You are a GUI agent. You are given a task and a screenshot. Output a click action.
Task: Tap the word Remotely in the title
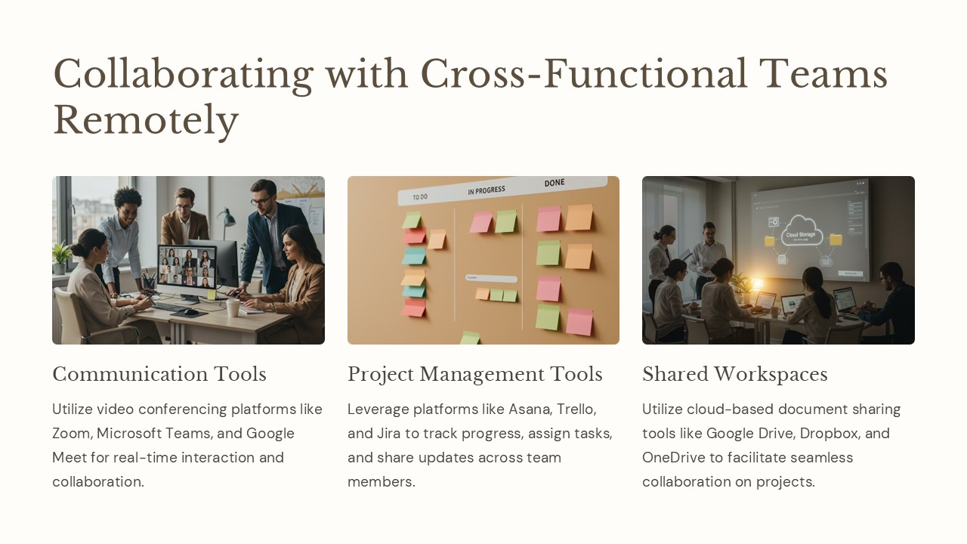(146, 119)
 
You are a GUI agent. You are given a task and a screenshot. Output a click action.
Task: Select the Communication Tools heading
(159, 374)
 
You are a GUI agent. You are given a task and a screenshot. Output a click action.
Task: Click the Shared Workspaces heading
(734, 374)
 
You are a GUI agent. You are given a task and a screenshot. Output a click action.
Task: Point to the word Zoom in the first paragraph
(71, 434)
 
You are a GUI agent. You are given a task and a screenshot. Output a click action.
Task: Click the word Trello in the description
(576, 410)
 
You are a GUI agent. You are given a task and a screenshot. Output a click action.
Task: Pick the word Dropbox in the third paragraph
(830, 434)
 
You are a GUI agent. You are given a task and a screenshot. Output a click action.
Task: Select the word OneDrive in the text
(674, 458)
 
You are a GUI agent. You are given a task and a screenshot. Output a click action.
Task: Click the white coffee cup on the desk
(233, 308)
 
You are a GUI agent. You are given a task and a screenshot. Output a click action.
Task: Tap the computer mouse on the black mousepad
(191, 311)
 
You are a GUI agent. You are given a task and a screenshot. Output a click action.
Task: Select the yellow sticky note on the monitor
(212, 293)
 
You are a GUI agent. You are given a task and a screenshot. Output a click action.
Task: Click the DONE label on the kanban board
(555, 184)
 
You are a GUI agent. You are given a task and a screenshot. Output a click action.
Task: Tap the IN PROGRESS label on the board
(486, 190)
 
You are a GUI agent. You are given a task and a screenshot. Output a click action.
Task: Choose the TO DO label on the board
(420, 197)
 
